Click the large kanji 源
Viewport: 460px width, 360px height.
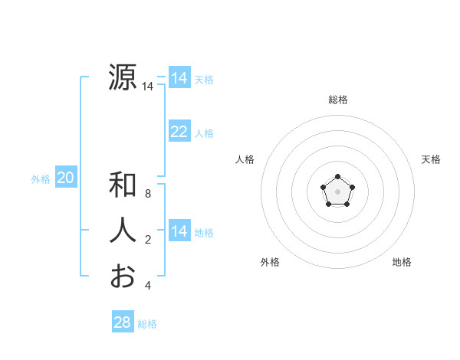123,78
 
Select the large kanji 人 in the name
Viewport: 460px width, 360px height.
123,231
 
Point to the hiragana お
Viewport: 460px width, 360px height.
123,277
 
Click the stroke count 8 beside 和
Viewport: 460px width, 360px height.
148,194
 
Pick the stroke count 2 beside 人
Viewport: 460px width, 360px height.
148,240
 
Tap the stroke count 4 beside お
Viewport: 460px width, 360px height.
148,286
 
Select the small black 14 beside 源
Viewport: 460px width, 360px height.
147,87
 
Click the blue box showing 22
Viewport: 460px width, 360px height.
179,132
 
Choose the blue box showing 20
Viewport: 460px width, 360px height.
66,178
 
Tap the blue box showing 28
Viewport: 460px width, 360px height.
123,322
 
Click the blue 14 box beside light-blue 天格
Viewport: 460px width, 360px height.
179,78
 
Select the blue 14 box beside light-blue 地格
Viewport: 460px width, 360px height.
179,231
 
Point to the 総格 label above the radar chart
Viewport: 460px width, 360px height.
337,100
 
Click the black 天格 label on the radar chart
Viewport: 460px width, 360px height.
431,159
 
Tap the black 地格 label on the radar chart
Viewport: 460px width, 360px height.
402,262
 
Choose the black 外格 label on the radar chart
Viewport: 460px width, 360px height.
270,262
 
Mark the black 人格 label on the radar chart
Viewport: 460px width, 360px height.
245,159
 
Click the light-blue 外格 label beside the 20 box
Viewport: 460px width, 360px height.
41,179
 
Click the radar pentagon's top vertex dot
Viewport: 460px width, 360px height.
337,178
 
